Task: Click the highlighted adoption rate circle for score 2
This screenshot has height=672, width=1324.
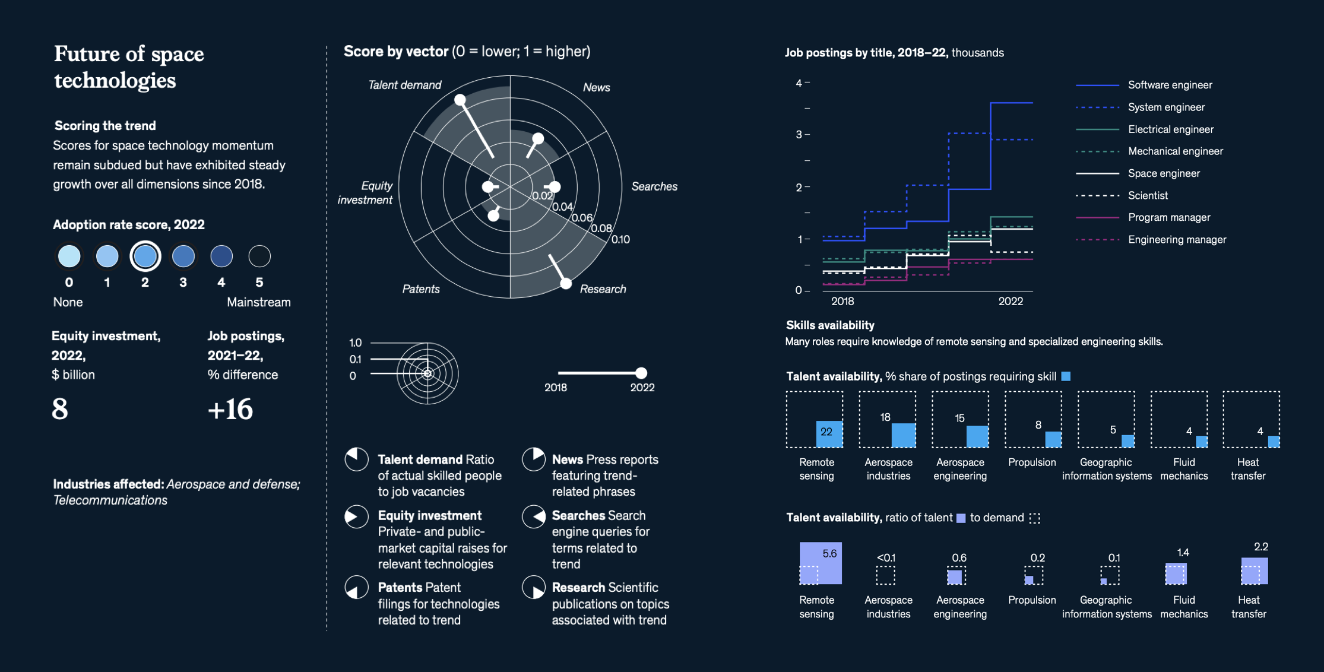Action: [x=145, y=256]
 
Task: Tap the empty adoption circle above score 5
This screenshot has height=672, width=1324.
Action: [x=259, y=256]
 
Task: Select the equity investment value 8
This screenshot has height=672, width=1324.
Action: [x=60, y=409]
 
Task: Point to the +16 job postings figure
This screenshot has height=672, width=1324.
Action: [x=230, y=410]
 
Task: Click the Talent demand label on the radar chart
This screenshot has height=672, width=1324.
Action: [x=404, y=85]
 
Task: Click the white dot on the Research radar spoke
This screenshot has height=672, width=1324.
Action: [x=566, y=284]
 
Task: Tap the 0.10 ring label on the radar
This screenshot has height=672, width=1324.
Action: [x=620, y=239]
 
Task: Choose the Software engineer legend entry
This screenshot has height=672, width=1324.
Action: [x=1170, y=85]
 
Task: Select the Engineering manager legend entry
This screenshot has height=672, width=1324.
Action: [x=1177, y=240]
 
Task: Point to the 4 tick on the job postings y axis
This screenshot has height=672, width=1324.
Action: [x=799, y=83]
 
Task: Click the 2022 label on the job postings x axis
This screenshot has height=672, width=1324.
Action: [x=1011, y=301]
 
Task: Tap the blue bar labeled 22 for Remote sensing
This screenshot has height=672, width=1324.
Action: [x=829, y=433]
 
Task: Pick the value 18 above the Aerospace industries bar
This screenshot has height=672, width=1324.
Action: [x=885, y=417]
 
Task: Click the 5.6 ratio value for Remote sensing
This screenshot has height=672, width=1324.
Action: [x=829, y=553]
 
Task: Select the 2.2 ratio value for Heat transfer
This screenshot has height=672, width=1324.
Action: [x=1260, y=547]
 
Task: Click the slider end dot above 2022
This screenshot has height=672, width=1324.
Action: [x=641, y=373]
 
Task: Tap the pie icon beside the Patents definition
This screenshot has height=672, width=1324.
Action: [x=357, y=588]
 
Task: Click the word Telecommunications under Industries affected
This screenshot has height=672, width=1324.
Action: [x=110, y=500]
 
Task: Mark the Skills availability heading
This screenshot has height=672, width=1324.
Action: [x=830, y=325]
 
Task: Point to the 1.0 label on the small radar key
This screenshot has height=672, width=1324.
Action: [x=355, y=343]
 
